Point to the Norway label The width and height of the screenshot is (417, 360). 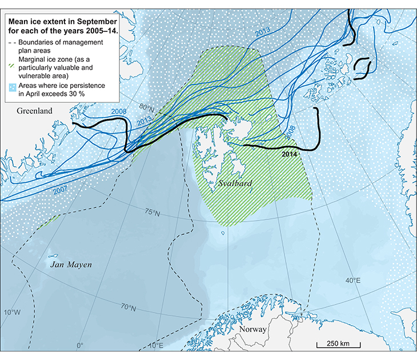click(x=253, y=330)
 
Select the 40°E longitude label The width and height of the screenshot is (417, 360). click(x=352, y=280)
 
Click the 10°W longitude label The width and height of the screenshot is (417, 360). click(x=12, y=312)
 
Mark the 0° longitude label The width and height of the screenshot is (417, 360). click(x=79, y=345)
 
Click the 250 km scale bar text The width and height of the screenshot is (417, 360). click(x=338, y=343)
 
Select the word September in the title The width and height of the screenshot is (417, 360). click(x=94, y=21)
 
